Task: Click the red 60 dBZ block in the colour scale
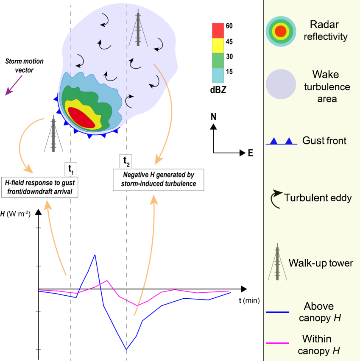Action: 218,30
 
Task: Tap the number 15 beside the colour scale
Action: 229,72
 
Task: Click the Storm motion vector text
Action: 25,66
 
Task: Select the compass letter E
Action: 251,153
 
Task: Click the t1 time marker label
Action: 70,169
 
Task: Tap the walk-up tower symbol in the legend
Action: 277,263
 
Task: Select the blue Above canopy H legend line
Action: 277,312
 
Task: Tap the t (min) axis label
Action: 249,300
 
